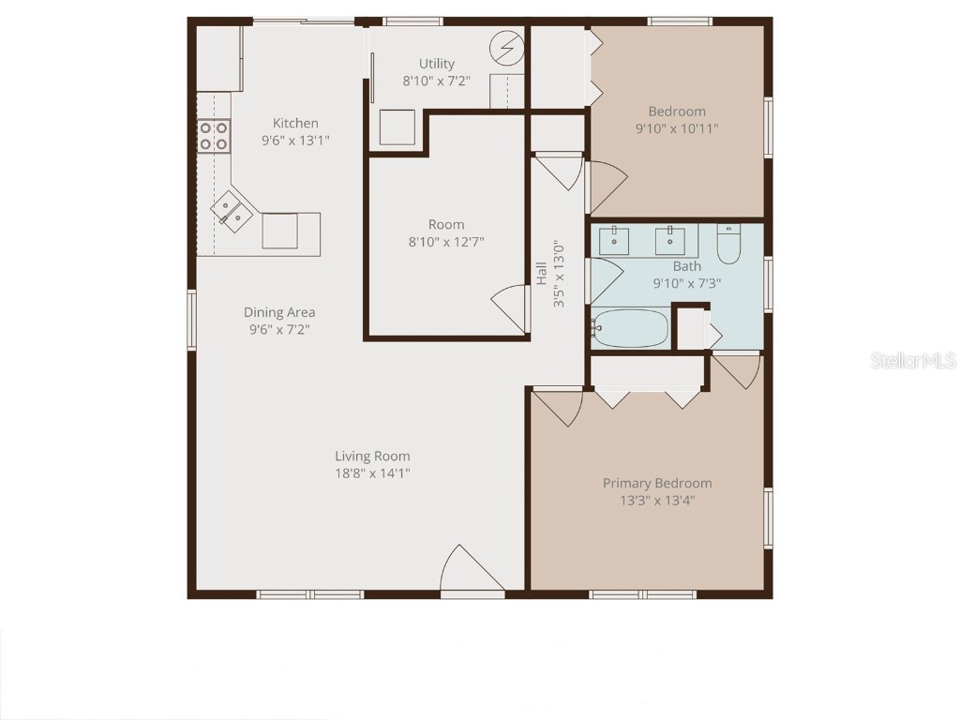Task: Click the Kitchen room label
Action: click(295, 123)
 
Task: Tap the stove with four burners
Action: click(214, 137)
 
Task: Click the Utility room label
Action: click(436, 64)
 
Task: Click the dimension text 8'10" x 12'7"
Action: click(446, 242)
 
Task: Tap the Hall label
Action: click(542, 273)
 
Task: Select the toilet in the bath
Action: click(728, 245)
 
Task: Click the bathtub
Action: click(630, 329)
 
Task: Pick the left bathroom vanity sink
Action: click(614, 240)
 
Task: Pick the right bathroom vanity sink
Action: click(670, 240)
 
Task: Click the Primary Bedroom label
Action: click(656, 483)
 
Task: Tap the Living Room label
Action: click(372, 457)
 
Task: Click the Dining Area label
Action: click(279, 312)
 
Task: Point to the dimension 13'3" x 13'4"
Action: click(656, 501)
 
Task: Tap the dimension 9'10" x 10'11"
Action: click(677, 129)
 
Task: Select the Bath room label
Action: click(686, 266)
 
